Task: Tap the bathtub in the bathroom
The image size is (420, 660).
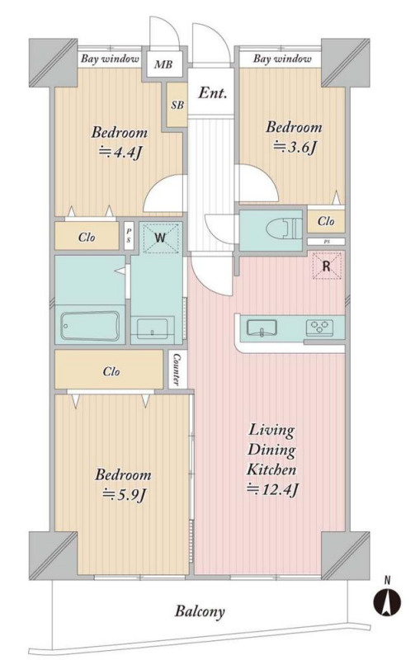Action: pos(90,325)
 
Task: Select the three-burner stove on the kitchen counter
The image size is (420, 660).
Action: pos(320,327)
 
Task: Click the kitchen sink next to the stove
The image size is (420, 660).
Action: pos(262,328)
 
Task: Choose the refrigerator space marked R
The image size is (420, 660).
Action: pos(326,266)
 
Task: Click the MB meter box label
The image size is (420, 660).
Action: pos(163,64)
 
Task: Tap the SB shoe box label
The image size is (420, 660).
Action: pos(177,106)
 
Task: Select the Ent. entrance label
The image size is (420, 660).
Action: pos(213,92)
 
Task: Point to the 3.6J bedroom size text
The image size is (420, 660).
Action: pos(295,147)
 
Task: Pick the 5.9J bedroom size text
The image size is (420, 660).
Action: pos(125,494)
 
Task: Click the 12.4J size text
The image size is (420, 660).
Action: pos(273,488)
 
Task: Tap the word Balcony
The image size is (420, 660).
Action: pos(200,611)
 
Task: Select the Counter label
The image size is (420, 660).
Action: pos(177,370)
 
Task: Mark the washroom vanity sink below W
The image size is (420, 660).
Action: pos(152,328)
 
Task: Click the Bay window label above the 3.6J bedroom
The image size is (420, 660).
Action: pos(282,59)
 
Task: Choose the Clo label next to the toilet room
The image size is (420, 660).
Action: pos(326,221)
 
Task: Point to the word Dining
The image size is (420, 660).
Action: pos(271,450)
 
